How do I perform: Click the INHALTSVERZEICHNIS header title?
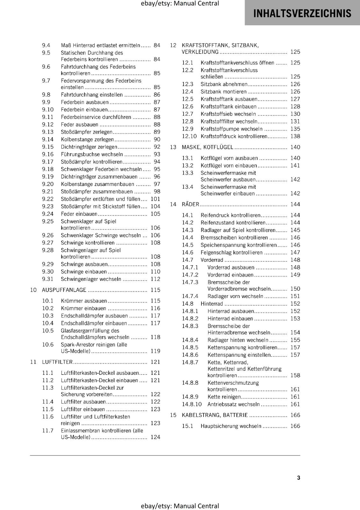[x=302, y=13]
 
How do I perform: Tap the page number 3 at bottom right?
[x=299, y=477]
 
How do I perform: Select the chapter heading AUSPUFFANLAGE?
[x=64, y=290]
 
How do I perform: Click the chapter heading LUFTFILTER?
[x=57, y=362]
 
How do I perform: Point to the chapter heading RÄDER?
[x=190, y=204]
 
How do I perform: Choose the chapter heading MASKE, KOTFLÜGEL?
[x=207, y=147]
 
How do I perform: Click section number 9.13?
[x=48, y=132]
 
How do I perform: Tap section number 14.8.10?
[x=192, y=404]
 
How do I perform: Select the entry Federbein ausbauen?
[x=85, y=102]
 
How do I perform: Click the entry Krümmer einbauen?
[x=83, y=308]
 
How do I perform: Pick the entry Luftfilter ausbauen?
[x=83, y=401]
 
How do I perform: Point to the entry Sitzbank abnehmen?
[x=224, y=84]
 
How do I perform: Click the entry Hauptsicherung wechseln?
[x=231, y=426]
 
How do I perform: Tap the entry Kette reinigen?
[x=224, y=397]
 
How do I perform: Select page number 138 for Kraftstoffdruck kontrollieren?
[x=295, y=136]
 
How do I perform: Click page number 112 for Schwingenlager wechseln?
[x=155, y=279]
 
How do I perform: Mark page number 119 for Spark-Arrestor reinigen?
[x=155, y=351]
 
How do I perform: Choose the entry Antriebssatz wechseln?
[x=234, y=404]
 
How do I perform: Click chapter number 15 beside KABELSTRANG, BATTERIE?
[x=173, y=415]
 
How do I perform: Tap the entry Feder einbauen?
[x=79, y=214]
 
